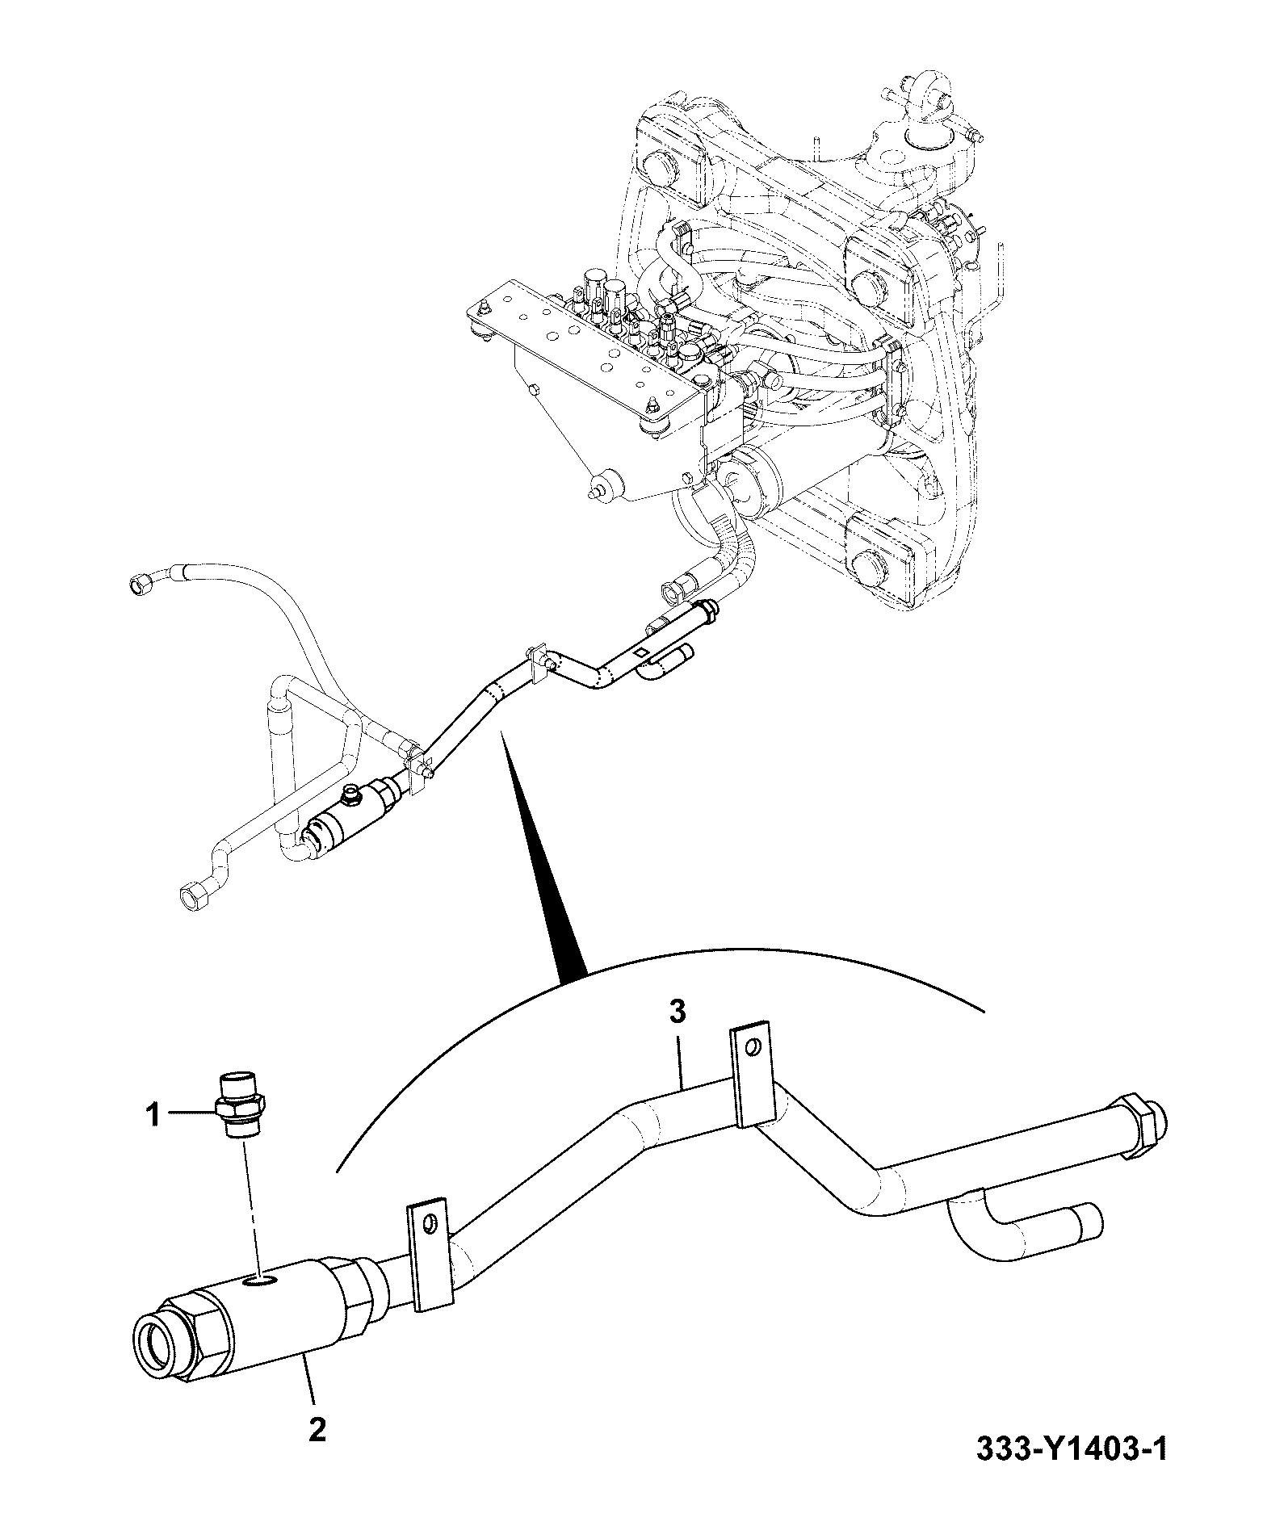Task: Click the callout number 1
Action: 153,1117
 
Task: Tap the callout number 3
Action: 678,1011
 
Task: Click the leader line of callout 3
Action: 680,1056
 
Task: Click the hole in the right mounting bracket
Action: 753,1048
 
